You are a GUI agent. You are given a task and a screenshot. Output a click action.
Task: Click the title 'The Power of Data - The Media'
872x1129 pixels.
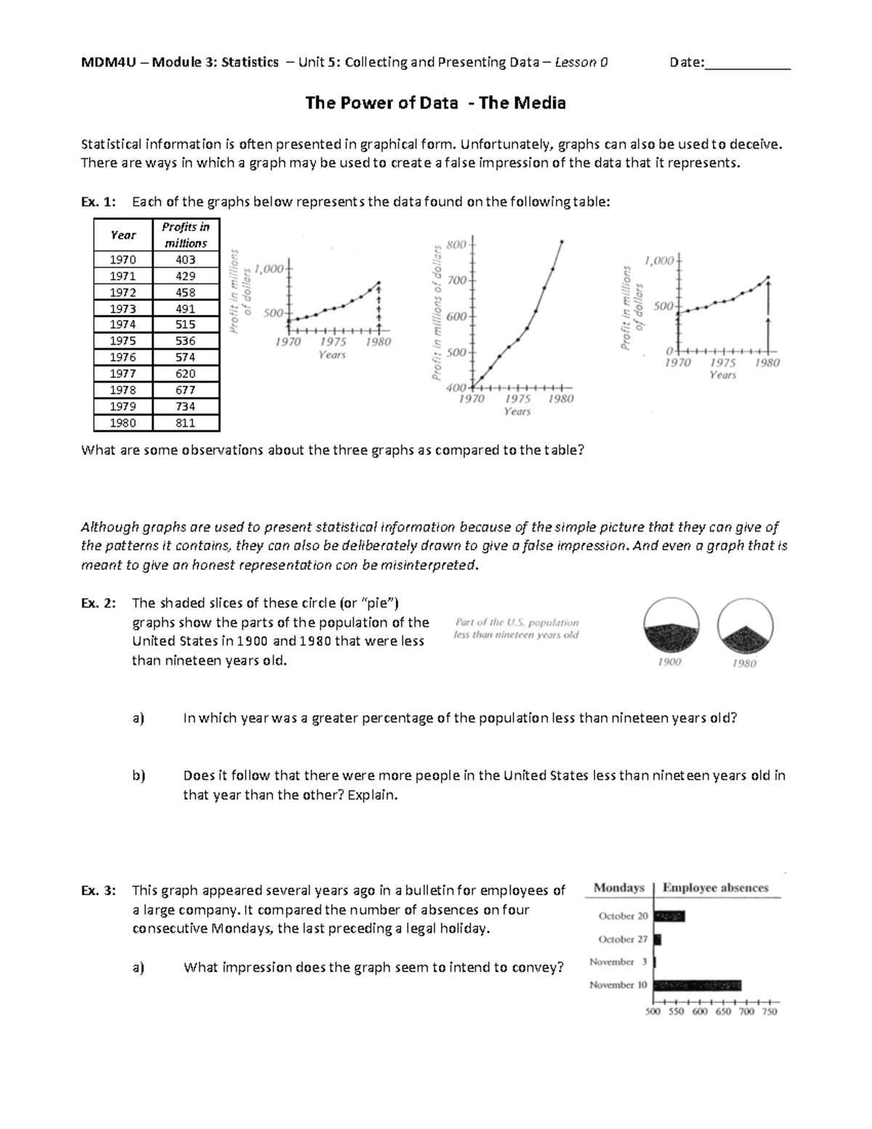click(435, 103)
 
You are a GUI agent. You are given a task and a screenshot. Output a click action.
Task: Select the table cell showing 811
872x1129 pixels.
click(185, 423)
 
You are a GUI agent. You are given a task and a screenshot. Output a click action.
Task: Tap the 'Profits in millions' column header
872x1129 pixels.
click(185, 235)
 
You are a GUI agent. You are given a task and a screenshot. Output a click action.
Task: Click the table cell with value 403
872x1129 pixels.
click(185, 260)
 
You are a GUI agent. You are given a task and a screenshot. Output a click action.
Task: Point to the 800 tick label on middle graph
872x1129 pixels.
click(456, 245)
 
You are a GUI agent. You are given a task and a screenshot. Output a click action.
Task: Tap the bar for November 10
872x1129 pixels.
click(697, 985)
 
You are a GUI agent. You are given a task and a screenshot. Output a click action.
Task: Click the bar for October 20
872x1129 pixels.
click(669, 916)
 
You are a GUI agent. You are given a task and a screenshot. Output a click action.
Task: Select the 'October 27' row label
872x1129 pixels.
click(623, 939)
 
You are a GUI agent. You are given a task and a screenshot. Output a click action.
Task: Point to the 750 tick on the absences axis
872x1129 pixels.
click(769, 1011)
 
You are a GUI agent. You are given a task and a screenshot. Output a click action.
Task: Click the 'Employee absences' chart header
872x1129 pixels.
click(715, 888)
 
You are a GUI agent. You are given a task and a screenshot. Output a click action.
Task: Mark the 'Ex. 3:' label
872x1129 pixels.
click(98, 891)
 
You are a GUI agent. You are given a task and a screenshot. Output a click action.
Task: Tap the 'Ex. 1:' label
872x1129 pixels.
click(98, 202)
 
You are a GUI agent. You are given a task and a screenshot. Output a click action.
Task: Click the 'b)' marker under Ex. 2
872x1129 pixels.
click(139, 776)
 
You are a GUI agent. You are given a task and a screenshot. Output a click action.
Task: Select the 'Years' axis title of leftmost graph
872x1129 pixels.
click(332, 355)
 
